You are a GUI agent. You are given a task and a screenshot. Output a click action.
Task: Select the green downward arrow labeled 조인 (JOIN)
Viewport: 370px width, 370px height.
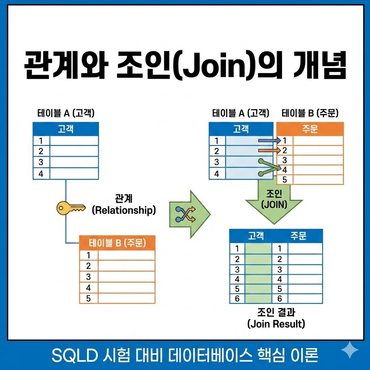coord(274,201)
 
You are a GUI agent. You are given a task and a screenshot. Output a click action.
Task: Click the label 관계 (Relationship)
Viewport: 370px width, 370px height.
coord(124,205)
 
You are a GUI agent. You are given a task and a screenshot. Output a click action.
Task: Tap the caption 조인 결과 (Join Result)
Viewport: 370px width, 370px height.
coord(276,318)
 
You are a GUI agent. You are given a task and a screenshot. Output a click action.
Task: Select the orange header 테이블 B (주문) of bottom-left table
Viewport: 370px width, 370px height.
coord(117,243)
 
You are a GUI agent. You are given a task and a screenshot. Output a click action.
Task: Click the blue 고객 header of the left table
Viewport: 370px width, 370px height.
coord(65,129)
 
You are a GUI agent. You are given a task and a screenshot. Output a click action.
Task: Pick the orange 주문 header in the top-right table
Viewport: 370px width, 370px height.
coord(310,129)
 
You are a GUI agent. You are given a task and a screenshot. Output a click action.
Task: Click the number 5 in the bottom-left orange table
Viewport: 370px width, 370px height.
coord(88,298)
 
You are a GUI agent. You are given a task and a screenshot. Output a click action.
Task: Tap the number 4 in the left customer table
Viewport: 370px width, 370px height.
coord(40,174)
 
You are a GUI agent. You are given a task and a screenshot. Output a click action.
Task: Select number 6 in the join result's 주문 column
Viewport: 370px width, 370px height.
coord(279,298)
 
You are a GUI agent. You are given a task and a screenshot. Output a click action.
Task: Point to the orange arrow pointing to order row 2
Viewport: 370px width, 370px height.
coord(269,150)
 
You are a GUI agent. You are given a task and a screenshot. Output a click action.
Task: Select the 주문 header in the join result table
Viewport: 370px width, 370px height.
coord(298,236)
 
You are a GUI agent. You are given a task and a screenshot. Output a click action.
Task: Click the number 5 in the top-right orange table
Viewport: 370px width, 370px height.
coord(285,180)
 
